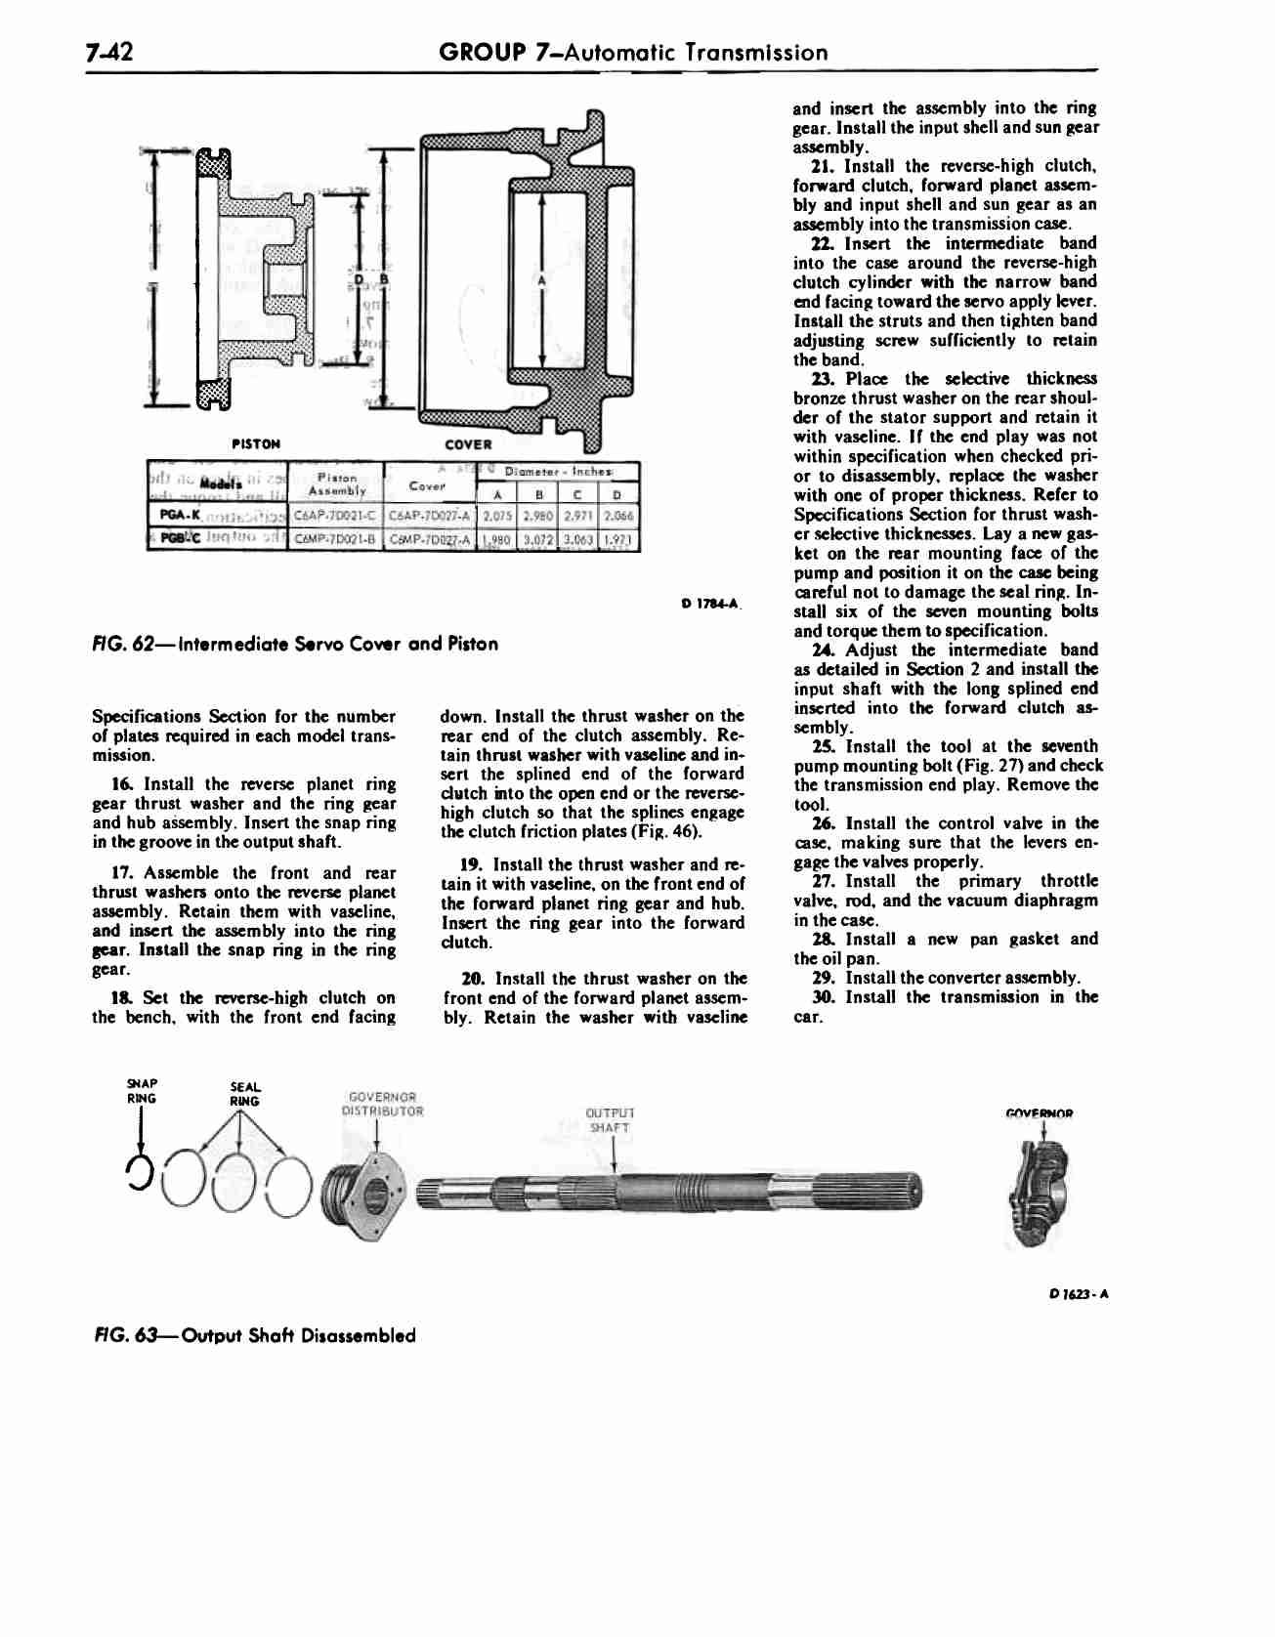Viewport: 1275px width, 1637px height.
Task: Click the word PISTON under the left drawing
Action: point(257,444)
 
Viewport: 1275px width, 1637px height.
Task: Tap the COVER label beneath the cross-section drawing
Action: point(467,444)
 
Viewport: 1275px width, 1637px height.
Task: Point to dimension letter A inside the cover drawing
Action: point(540,280)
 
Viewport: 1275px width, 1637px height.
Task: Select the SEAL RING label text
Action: point(243,1094)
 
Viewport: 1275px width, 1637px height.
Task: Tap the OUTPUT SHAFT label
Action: point(610,1119)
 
